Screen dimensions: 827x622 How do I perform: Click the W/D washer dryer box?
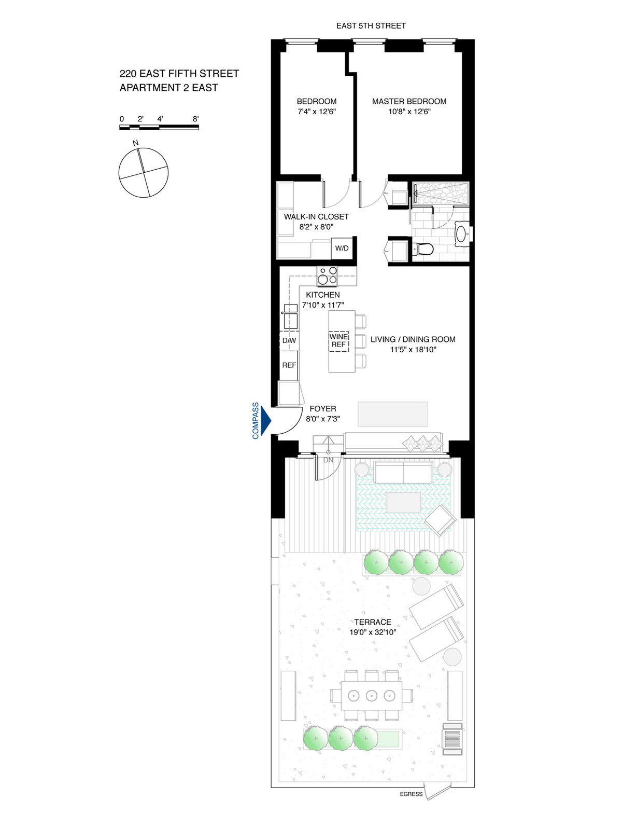click(342, 248)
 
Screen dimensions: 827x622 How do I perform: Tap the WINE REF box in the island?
click(338, 341)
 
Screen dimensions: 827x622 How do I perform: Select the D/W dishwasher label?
click(289, 340)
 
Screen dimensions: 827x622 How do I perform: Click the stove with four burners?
click(327, 275)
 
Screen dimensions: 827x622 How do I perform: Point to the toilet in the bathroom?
click(423, 250)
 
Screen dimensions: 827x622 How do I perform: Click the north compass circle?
click(144, 173)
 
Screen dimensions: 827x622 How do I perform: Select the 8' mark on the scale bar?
click(195, 119)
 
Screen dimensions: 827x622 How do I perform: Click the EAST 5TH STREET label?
click(371, 25)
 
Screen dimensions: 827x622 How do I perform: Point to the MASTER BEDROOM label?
click(409, 101)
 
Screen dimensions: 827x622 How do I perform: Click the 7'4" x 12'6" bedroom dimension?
click(317, 112)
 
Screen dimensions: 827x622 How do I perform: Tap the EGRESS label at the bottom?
click(411, 794)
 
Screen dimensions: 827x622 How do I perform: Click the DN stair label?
click(328, 460)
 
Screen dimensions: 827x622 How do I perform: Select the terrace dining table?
click(371, 696)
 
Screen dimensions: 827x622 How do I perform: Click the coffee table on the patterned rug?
click(403, 503)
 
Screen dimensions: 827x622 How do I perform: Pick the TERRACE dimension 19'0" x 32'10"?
click(373, 632)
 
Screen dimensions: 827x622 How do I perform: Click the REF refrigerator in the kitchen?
click(289, 365)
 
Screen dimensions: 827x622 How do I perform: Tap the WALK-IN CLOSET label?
click(316, 216)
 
